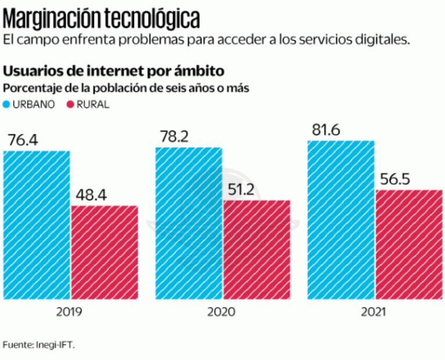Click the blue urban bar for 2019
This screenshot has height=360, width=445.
pyautogui.click(x=36, y=225)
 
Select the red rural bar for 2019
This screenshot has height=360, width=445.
pyautogui.click(x=105, y=253)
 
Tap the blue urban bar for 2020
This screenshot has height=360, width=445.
pyautogui.click(x=188, y=224)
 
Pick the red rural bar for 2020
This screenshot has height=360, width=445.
pyautogui.click(x=257, y=250)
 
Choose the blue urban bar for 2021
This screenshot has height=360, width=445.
pyautogui.click(x=341, y=220)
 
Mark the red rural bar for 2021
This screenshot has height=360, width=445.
pyautogui.click(x=409, y=244)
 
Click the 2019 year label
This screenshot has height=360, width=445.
pyautogui.click(x=69, y=312)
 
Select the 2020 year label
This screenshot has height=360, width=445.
pyautogui.click(x=221, y=312)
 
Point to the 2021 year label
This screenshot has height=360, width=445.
pyautogui.click(x=373, y=312)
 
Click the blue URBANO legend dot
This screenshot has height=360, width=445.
pyautogui.click(x=7, y=105)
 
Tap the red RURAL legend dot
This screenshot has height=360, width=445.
pyautogui.click(x=71, y=105)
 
